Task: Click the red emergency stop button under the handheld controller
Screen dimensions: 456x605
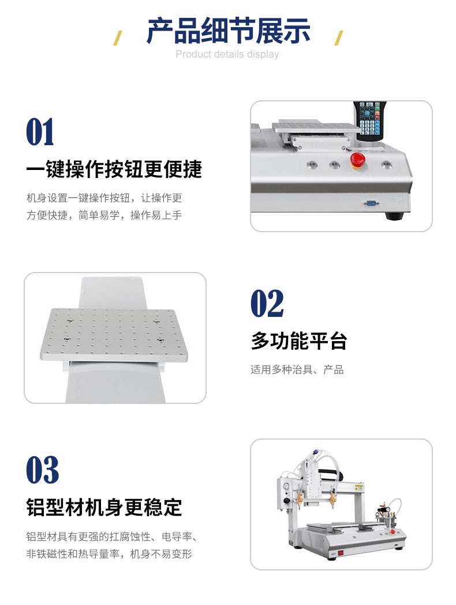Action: [358, 160]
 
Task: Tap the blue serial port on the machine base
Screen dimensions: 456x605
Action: [371, 203]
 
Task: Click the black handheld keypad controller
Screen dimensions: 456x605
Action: [370, 121]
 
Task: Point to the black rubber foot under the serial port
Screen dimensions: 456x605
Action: [395, 215]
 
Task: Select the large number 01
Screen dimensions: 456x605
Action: [40, 133]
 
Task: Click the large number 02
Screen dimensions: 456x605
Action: [267, 304]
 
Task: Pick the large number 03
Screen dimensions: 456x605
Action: [43, 470]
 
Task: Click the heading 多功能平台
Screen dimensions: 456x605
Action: [299, 341]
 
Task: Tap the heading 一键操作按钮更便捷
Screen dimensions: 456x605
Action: [114, 169]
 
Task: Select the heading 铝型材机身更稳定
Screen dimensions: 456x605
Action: [104, 508]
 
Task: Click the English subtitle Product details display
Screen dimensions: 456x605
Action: [227, 54]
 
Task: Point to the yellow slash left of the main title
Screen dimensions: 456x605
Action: [118, 38]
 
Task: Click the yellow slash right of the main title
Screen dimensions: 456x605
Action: [338, 38]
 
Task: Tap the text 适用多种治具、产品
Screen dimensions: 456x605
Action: [297, 370]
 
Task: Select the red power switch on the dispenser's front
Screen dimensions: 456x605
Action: [341, 553]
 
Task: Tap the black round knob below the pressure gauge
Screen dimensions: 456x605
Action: [287, 501]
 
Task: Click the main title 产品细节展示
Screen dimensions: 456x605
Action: [229, 31]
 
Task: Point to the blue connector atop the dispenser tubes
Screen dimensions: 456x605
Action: [315, 452]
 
